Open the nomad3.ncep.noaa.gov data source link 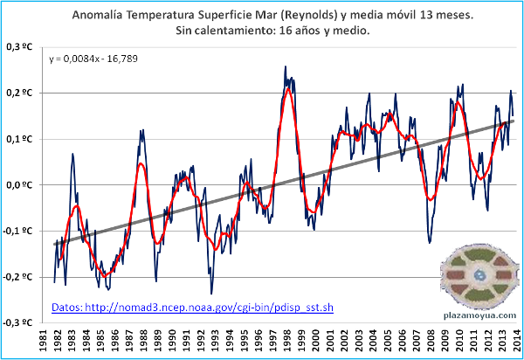tap(193, 308)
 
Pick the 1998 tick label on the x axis tap(286, 342)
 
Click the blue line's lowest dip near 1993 tap(211, 293)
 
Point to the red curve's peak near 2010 tap(457, 103)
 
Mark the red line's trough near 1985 tap(105, 275)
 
